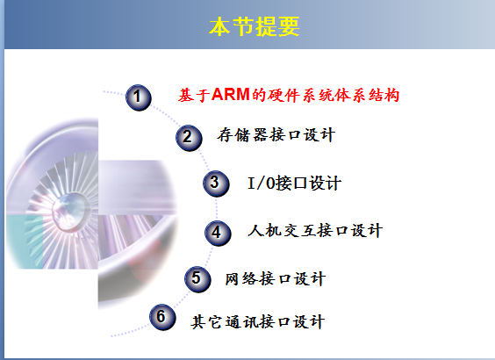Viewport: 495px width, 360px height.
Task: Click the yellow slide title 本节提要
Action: coord(255,26)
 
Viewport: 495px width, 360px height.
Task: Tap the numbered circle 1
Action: coord(139,97)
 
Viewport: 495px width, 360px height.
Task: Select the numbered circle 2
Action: coord(189,138)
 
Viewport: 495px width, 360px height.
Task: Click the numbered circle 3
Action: coord(216,184)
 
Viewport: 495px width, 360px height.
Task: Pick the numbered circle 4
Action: coord(218,233)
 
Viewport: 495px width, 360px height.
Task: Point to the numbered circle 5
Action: coord(197,279)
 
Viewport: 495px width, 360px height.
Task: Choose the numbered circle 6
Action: coord(162,317)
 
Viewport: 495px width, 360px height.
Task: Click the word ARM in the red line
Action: coord(231,95)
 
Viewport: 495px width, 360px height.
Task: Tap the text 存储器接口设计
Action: coord(276,135)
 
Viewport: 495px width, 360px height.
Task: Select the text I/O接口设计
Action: coord(294,183)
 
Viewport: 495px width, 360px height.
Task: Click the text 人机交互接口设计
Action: coord(315,230)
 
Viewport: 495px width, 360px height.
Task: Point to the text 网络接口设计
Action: coord(275,279)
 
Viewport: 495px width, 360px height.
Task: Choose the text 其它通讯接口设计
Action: coord(258,321)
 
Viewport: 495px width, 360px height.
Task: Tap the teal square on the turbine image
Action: coord(25,242)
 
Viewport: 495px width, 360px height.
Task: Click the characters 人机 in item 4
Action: coord(264,230)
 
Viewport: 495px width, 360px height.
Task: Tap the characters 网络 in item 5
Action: coord(241,279)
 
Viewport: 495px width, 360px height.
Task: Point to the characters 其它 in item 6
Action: coord(206,321)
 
